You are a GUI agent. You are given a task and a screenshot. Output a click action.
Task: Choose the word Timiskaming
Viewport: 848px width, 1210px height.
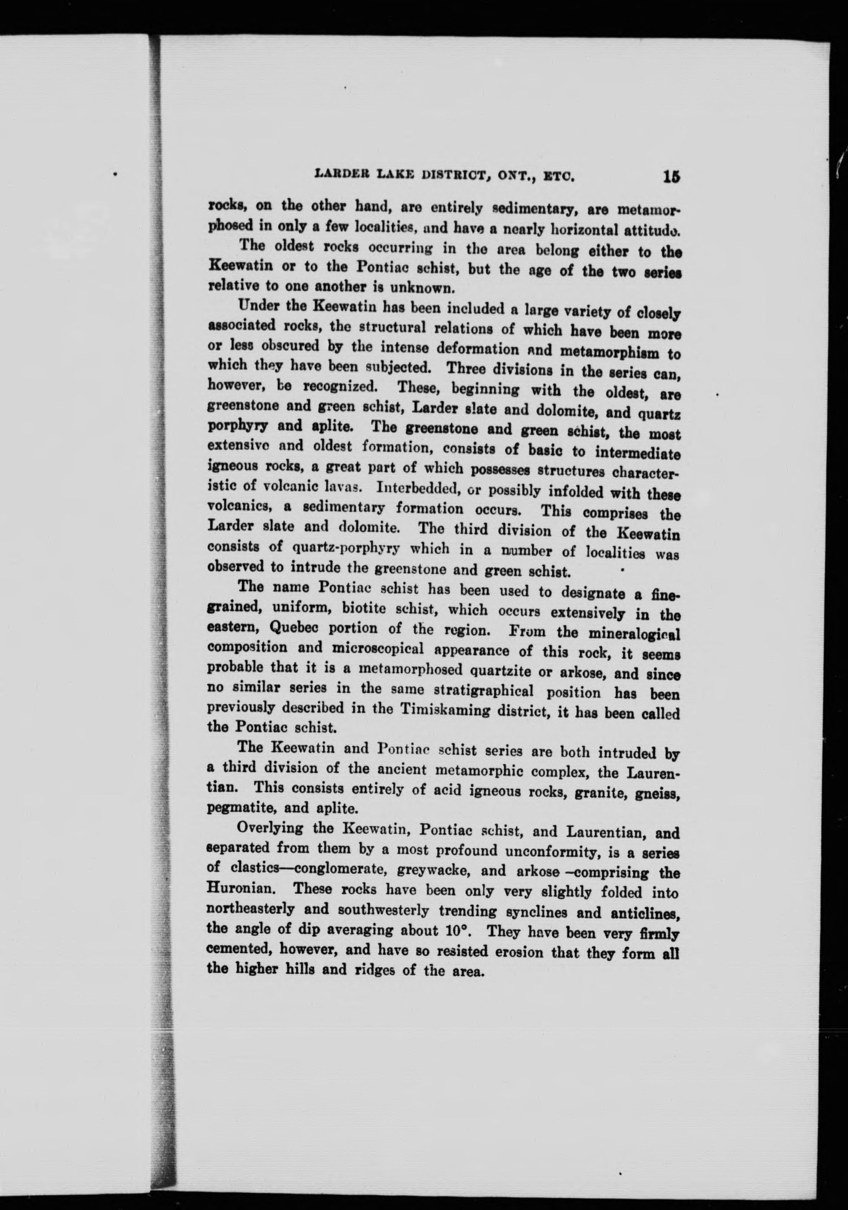pyautogui.click(x=448, y=709)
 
